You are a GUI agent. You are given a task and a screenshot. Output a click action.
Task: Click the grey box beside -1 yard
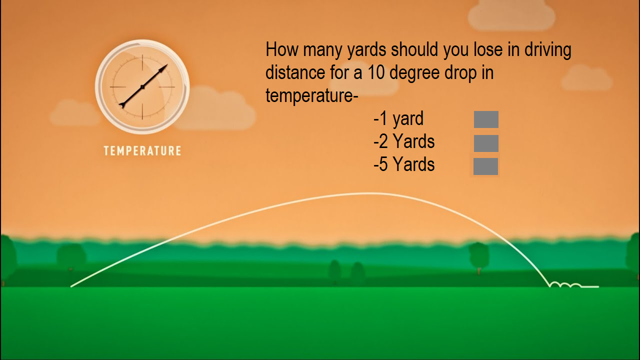click(486, 119)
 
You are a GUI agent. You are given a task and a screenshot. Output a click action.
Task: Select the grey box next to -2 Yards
click(486, 143)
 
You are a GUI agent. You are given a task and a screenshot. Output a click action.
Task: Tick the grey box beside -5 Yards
click(485, 166)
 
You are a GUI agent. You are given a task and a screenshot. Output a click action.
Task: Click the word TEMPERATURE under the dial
click(142, 151)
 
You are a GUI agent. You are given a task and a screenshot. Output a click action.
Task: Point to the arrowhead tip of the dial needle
click(167, 65)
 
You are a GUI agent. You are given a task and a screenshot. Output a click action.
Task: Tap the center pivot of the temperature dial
click(142, 87)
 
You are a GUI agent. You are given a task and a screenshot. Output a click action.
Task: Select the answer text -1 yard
click(398, 119)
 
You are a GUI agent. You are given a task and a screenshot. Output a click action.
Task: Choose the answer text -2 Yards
click(404, 141)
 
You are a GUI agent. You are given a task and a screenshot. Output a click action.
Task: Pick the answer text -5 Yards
click(404, 164)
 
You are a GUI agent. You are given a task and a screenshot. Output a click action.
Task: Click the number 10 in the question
click(375, 72)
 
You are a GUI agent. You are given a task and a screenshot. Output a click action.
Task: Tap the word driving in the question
click(547, 51)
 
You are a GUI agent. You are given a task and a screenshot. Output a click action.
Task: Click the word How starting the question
click(282, 49)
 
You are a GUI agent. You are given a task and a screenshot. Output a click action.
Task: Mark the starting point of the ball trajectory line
click(71, 286)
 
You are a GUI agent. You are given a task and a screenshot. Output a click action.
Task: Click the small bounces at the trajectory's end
click(565, 284)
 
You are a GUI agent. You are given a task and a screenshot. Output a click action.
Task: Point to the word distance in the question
click(295, 72)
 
